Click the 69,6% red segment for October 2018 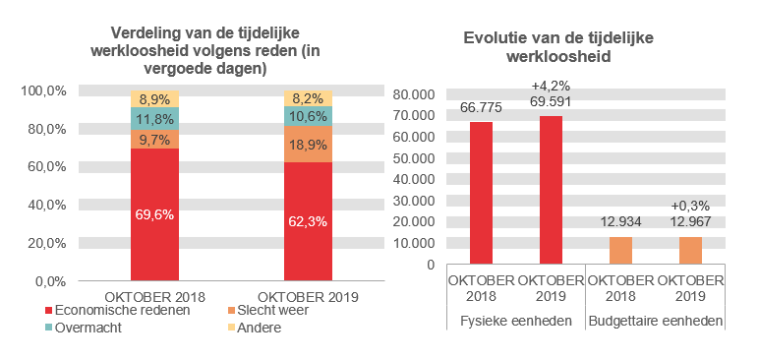pyautogui.click(x=155, y=214)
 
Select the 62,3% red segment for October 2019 pyautogui.click(x=308, y=221)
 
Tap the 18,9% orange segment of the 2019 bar pyautogui.click(x=308, y=144)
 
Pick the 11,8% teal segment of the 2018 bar pyautogui.click(x=155, y=119)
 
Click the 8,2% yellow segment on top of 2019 pyautogui.click(x=308, y=98)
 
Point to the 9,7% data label pyautogui.click(x=155, y=140)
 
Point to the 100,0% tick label pyautogui.click(x=41, y=91)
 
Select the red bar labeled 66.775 pyautogui.click(x=482, y=193)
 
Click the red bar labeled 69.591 pyautogui.click(x=551, y=190)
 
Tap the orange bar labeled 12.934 pyautogui.click(x=620, y=251)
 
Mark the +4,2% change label pyautogui.click(x=551, y=86)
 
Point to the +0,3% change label pyautogui.click(x=690, y=206)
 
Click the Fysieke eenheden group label pyautogui.click(x=516, y=322)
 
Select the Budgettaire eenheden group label pyautogui.click(x=655, y=322)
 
